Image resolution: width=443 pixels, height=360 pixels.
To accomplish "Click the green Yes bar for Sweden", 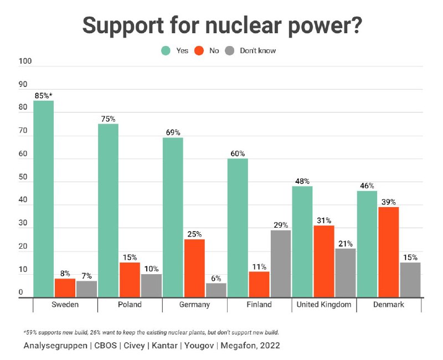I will [x=43, y=199].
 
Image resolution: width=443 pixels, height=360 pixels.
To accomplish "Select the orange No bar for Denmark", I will [x=388, y=252].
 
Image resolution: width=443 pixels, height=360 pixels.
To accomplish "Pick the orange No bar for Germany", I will [x=194, y=268].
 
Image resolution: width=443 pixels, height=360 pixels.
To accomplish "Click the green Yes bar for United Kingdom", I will [x=302, y=241].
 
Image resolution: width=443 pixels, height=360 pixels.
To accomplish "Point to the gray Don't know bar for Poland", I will [x=151, y=286].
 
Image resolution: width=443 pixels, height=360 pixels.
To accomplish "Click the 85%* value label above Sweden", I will [x=44, y=95].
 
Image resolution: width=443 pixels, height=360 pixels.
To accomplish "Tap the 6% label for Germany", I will [x=215, y=277].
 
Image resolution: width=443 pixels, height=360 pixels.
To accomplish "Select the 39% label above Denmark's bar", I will [x=388, y=202].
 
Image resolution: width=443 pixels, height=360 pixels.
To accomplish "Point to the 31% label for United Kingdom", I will [x=324, y=220].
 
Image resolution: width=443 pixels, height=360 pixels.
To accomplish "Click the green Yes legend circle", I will [x=166, y=50].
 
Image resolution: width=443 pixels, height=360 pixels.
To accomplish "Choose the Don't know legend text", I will [x=257, y=50].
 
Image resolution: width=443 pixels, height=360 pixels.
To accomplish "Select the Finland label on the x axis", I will [x=259, y=305].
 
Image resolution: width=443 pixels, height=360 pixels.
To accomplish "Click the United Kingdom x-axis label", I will [x=324, y=305].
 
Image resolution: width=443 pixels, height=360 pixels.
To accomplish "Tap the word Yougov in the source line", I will [x=201, y=346].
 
